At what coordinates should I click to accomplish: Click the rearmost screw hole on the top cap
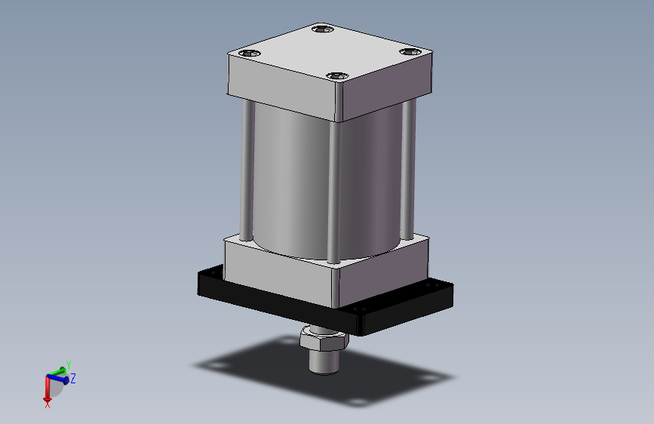tap(323, 30)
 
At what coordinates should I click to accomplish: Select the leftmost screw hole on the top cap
tap(250, 54)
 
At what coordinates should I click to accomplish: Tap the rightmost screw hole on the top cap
tap(410, 52)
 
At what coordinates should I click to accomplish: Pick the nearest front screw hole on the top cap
tap(336, 76)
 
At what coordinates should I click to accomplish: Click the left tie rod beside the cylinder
tap(246, 170)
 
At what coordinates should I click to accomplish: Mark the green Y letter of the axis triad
tap(68, 364)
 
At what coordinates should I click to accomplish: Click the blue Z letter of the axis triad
tap(73, 378)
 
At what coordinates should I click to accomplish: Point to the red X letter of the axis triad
tap(47, 404)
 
